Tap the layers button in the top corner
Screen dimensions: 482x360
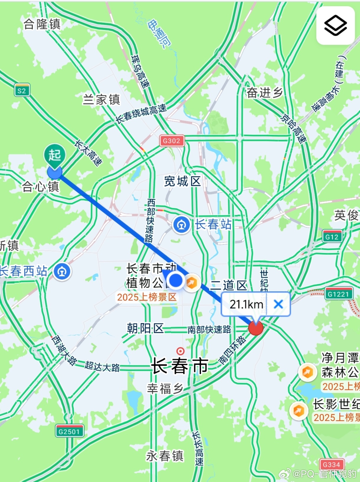pyautogui.click(x=336, y=25)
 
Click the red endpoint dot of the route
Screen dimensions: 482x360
pyautogui.click(x=256, y=328)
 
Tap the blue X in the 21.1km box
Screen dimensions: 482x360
pyautogui.click(x=278, y=304)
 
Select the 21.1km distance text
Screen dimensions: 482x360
pyautogui.click(x=246, y=304)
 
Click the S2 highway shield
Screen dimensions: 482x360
pyautogui.click(x=22, y=90)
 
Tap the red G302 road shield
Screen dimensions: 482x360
pyautogui.click(x=172, y=141)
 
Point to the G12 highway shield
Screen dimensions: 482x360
pyautogui.click(x=332, y=237)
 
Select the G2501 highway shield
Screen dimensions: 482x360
pyautogui.click(x=70, y=431)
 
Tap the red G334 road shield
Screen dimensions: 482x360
pyautogui.click(x=332, y=465)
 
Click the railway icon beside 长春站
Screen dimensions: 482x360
pyautogui.click(x=181, y=225)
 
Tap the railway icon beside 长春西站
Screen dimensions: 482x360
pyautogui.click(x=62, y=271)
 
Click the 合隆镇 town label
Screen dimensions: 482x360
pyautogui.click(x=42, y=24)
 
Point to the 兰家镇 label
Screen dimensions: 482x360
pyautogui.click(x=101, y=99)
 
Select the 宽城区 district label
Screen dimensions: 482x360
pyautogui.click(x=182, y=181)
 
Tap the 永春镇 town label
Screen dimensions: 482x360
pyautogui.click(x=165, y=456)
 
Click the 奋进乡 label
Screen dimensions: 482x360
pyautogui.click(x=265, y=93)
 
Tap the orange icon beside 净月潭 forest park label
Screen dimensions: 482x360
pyautogui.click(x=307, y=372)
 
